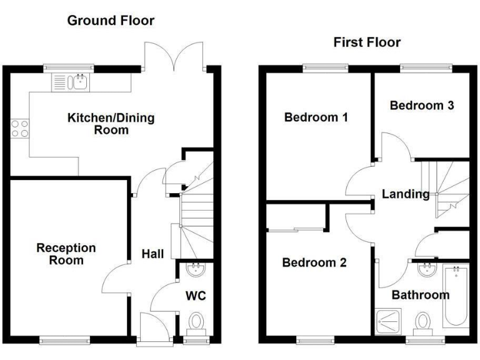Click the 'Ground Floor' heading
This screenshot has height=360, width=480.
[x=111, y=21]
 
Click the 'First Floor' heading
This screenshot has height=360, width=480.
[x=367, y=42]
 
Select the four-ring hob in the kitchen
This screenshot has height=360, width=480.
[x=19, y=128]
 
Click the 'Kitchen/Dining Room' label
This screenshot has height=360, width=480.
[x=111, y=124]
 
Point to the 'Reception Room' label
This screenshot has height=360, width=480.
[x=66, y=254]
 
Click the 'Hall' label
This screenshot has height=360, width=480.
[x=153, y=254]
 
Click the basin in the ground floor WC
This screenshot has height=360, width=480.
[x=196, y=269]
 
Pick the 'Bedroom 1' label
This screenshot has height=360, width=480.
[x=316, y=117]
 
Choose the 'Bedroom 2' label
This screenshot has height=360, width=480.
[x=314, y=262]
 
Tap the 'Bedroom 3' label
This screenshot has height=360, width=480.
[x=422, y=105]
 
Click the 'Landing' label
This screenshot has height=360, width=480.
[x=406, y=194]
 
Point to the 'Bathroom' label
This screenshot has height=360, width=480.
[x=420, y=294]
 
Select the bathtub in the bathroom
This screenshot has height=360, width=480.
[x=456, y=297]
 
